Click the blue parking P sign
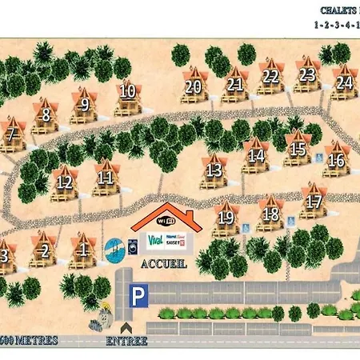point(138,297)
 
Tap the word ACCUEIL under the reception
point(163,264)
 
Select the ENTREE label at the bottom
point(126,341)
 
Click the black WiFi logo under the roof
point(165,221)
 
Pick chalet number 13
point(214,171)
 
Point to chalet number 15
point(298,150)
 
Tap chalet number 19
point(226,218)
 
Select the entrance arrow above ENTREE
point(125,326)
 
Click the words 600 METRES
point(30,341)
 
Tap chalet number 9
point(83,104)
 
